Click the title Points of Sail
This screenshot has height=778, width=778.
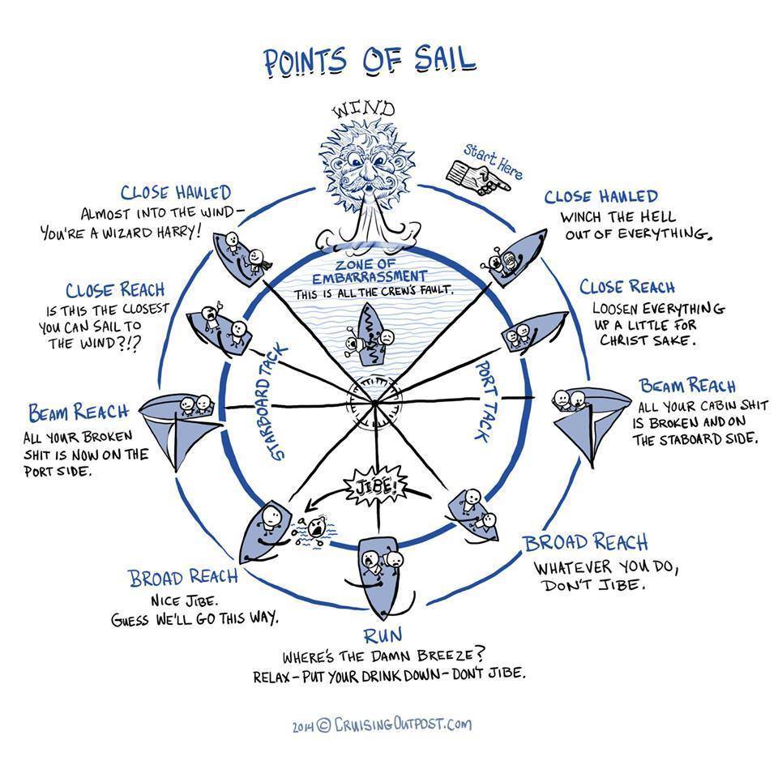[369, 62]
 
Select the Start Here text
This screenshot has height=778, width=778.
[493, 160]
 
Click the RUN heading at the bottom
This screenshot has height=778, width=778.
[383, 635]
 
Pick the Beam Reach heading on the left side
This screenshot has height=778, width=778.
[79, 412]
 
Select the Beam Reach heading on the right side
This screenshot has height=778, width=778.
[687, 385]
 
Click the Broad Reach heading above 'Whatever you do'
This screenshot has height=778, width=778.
[585, 542]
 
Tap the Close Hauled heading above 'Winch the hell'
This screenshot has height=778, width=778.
[601, 197]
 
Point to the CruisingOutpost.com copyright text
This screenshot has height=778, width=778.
[380, 725]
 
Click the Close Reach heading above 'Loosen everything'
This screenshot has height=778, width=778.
[627, 287]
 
